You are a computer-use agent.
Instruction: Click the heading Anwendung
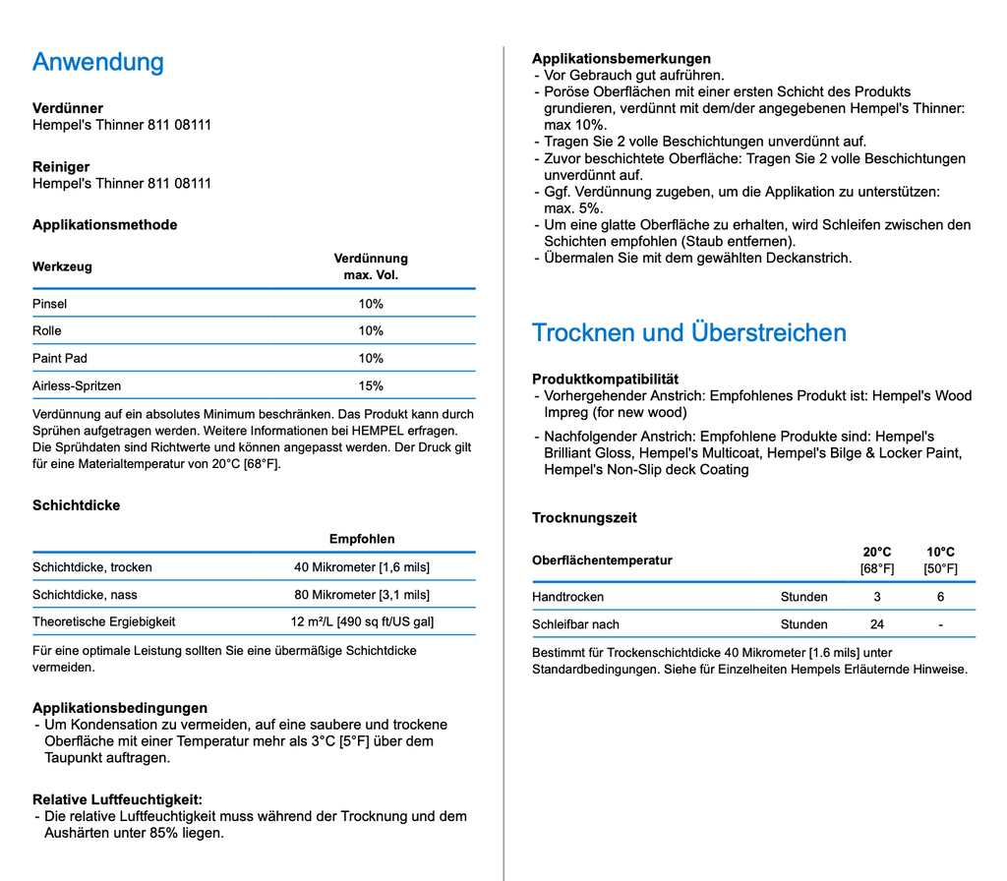click(98, 62)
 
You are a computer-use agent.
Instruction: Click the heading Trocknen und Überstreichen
click(688, 332)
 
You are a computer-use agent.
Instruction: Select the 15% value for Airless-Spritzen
click(371, 385)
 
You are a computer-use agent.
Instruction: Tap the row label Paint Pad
click(60, 358)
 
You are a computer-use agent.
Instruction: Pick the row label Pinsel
click(50, 304)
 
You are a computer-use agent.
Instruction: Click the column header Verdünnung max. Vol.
click(371, 266)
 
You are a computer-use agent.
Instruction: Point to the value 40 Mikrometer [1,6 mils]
click(362, 567)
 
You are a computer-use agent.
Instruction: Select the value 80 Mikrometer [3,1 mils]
click(362, 595)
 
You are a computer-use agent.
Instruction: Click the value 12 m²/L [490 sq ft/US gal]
click(362, 621)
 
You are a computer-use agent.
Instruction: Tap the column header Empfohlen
click(362, 539)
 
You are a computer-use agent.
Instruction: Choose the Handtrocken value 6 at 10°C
click(940, 597)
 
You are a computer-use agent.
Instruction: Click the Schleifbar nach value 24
click(877, 624)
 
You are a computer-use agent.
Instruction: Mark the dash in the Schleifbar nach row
click(940, 624)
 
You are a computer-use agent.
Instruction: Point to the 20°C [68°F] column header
click(877, 559)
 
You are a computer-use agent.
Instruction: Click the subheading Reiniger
click(61, 166)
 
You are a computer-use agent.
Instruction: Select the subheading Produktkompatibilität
click(605, 379)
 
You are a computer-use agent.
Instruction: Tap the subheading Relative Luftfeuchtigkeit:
click(117, 799)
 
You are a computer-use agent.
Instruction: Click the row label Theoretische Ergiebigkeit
click(104, 621)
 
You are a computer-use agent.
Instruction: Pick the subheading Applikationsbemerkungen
click(622, 58)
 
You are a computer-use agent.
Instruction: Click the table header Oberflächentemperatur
click(602, 560)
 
